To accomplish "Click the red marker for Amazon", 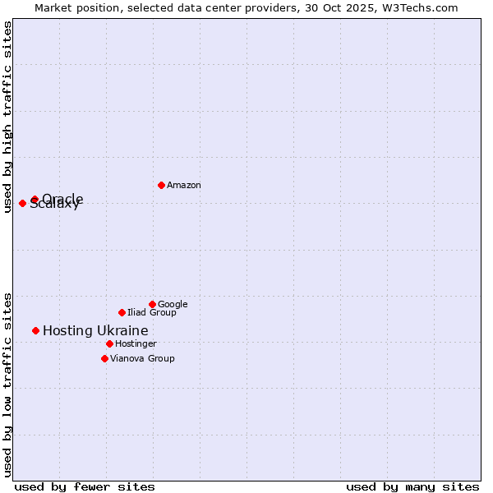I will click(x=161, y=185).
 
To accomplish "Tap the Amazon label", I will click(x=184, y=186).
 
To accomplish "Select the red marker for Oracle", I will click(x=35, y=200).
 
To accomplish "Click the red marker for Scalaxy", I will click(x=22, y=203).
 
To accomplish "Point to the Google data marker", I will click(x=152, y=304).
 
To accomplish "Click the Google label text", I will click(x=173, y=305).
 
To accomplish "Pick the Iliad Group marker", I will click(x=122, y=312).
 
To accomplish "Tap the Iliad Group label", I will click(x=152, y=313).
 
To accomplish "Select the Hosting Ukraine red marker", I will click(x=35, y=330).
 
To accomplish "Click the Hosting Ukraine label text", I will click(x=95, y=331).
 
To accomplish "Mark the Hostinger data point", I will click(x=109, y=343).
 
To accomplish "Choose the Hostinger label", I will click(x=136, y=344).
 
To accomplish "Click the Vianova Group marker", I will click(x=104, y=358).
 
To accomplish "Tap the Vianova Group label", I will click(x=142, y=359).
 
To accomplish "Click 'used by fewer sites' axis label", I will click(x=85, y=486).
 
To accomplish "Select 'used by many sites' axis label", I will click(x=412, y=486).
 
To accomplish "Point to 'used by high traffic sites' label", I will click(x=8, y=117).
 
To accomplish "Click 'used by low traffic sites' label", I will click(x=8, y=384).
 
